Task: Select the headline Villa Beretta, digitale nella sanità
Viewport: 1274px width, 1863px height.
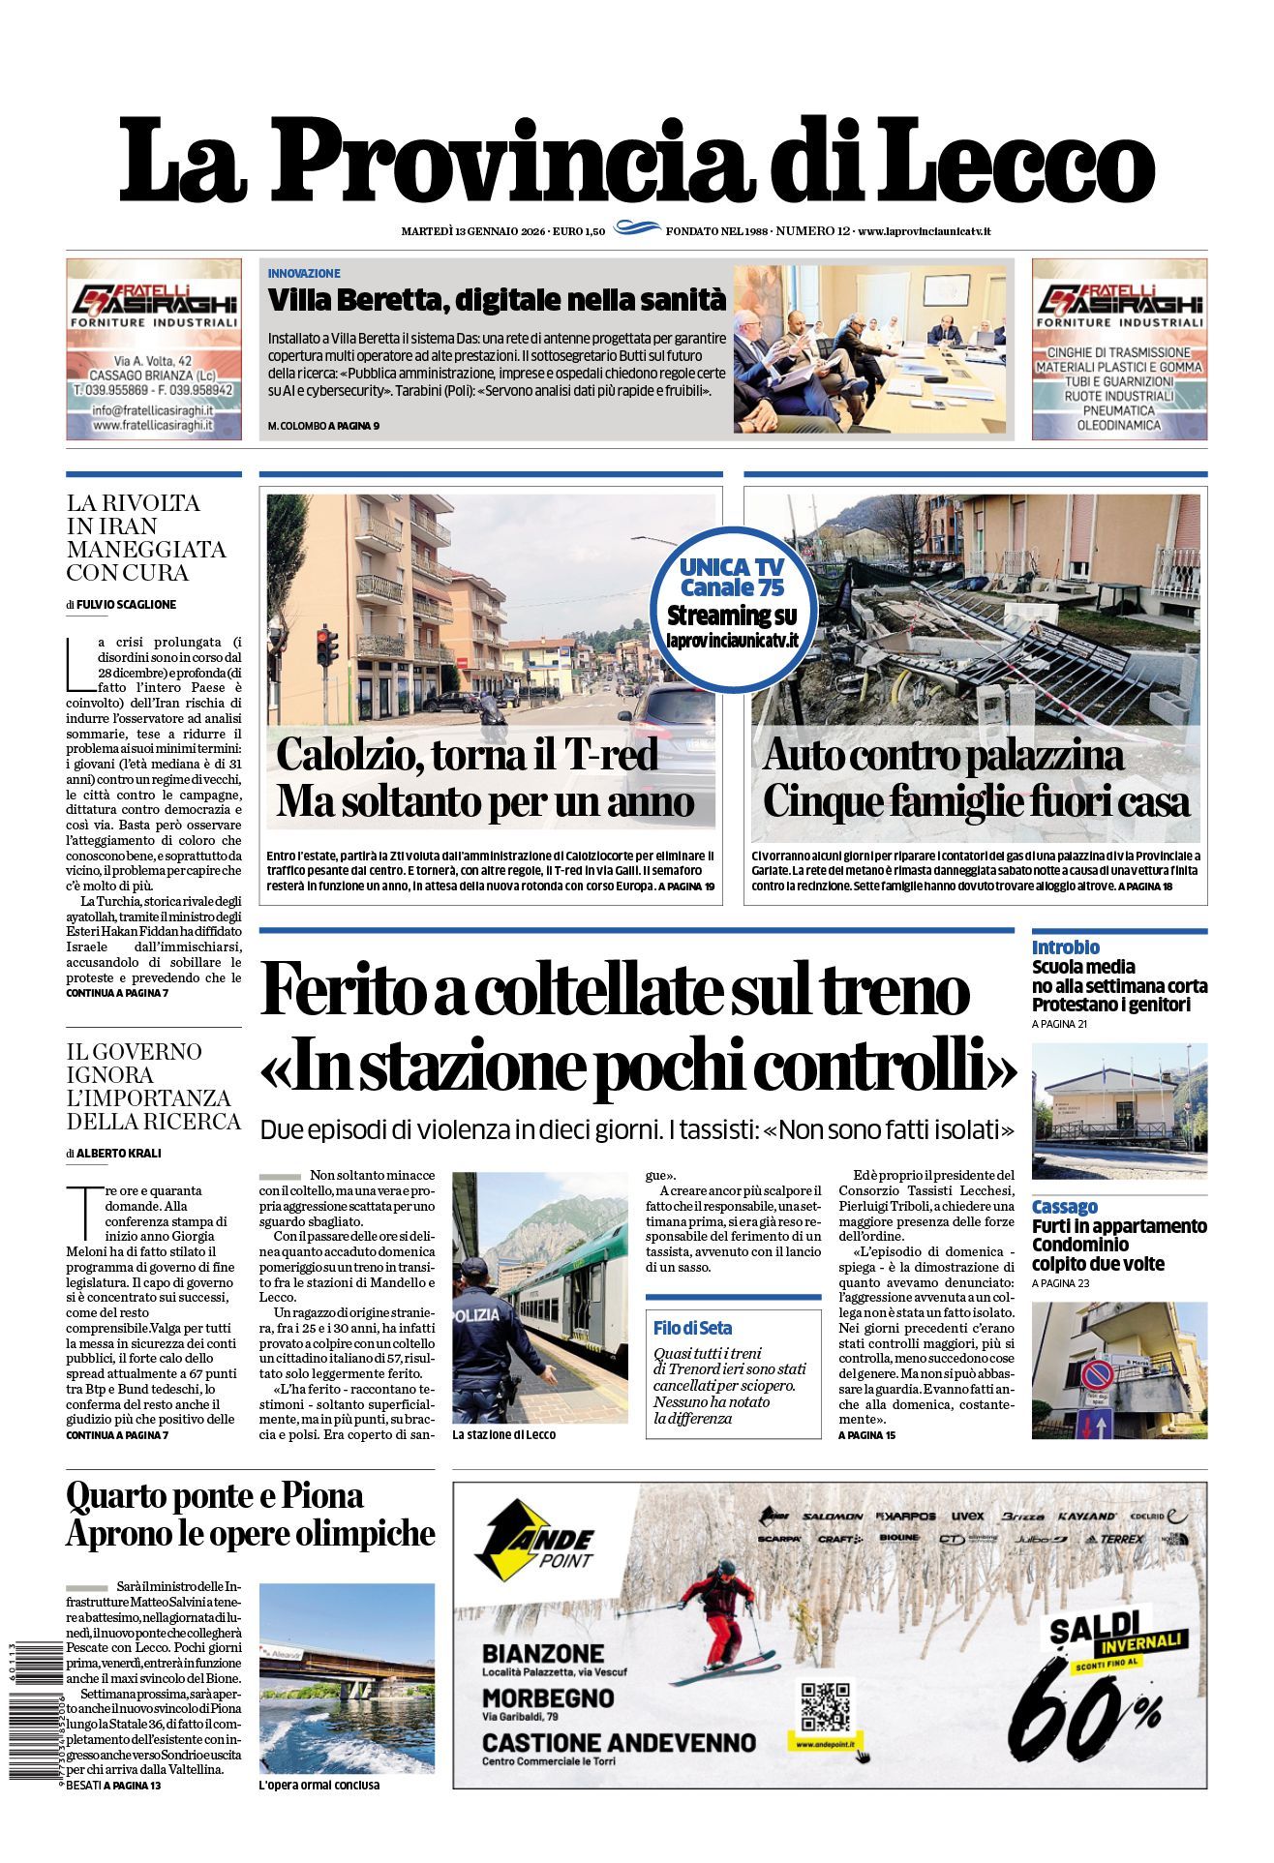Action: click(497, 300)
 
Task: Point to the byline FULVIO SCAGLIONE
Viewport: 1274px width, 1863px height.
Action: click(126, 604)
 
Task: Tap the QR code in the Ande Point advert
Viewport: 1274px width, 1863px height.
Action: click(826, 1706)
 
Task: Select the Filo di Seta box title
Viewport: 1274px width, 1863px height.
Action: click(692, 1328)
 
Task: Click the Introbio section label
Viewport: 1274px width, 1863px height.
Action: click(1065, 947)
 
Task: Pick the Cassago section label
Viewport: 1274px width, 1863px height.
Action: click(1064, 1207)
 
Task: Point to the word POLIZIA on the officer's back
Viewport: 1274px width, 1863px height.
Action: click(476, 1315)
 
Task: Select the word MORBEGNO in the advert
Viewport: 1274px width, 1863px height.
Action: click(547, 1698)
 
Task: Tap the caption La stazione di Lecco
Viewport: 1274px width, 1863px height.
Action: click(503, 1434)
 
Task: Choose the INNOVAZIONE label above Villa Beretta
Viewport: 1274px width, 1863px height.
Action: click(304, 274)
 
